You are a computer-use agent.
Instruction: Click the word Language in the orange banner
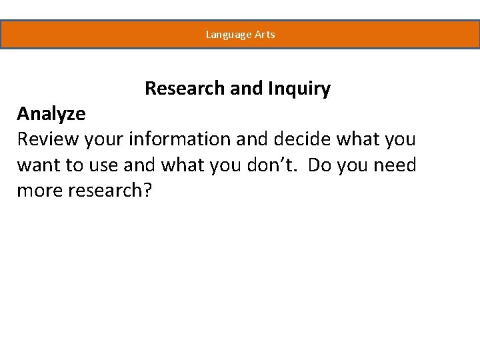coord(228,35)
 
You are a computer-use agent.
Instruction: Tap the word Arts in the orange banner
coord(265,35)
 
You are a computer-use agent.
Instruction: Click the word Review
coord(47,140)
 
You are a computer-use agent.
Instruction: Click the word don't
coord(271,165)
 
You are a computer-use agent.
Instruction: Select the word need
coord(394,165)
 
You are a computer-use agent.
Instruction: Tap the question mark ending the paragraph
coord(148,191)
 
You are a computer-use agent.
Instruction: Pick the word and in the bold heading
coord(245,89)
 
